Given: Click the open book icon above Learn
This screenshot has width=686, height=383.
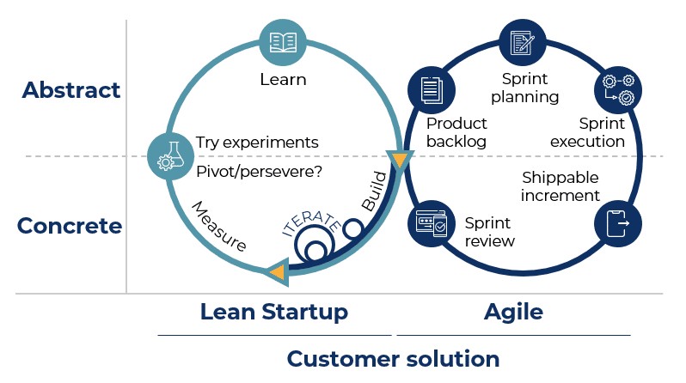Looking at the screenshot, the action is point(283,43).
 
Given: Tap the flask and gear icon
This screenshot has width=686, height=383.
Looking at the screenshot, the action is point(170,156).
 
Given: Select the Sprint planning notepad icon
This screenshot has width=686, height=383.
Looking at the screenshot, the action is point(523,43).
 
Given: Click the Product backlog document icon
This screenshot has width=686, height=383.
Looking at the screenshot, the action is point(432,90).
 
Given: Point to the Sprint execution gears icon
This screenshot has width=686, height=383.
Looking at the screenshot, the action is point(618,90).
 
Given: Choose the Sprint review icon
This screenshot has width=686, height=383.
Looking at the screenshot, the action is point(432,223).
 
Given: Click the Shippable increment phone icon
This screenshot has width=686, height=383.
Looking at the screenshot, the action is point(618,223).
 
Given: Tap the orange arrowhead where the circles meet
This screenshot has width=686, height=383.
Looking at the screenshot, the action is point(400,161).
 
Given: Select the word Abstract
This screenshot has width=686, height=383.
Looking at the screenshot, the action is point(70,90).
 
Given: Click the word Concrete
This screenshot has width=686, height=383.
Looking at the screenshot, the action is point(70,226).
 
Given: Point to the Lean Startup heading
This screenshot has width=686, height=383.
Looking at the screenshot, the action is point(274,312).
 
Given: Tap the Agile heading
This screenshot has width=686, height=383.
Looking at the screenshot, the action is point(513,313).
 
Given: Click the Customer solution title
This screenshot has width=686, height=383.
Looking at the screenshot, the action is point(393,359).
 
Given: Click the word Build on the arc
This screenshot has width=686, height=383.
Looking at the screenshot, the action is point(375,191).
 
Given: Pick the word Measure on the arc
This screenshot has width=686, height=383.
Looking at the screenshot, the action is point(219,226).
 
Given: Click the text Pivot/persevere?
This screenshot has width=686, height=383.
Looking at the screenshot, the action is point(259,172).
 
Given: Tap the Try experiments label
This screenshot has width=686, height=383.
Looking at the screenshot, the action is point(257,143).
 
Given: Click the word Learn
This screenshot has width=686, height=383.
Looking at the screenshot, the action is point(283,80).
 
